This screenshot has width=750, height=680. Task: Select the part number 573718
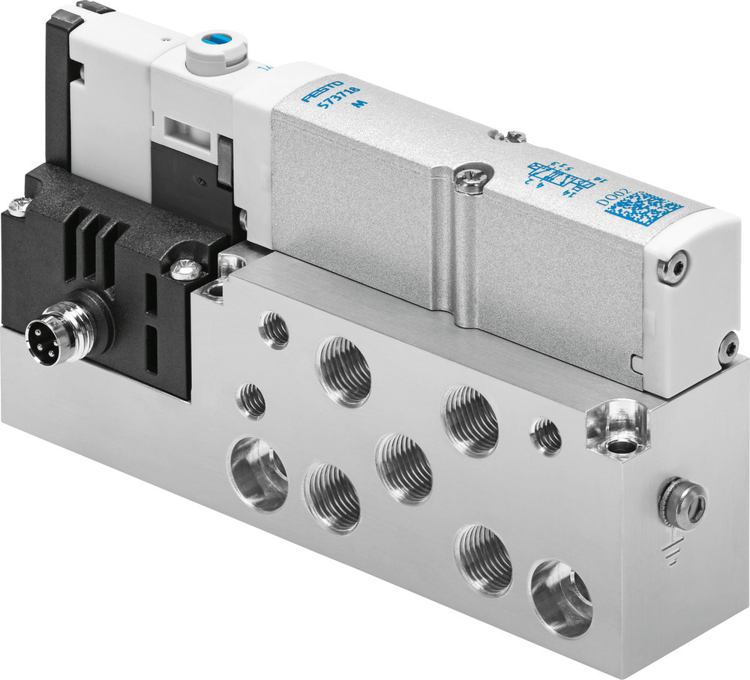[337, 107]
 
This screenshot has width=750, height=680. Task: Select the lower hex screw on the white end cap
[728, 347]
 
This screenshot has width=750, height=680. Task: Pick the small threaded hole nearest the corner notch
[547, 436]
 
